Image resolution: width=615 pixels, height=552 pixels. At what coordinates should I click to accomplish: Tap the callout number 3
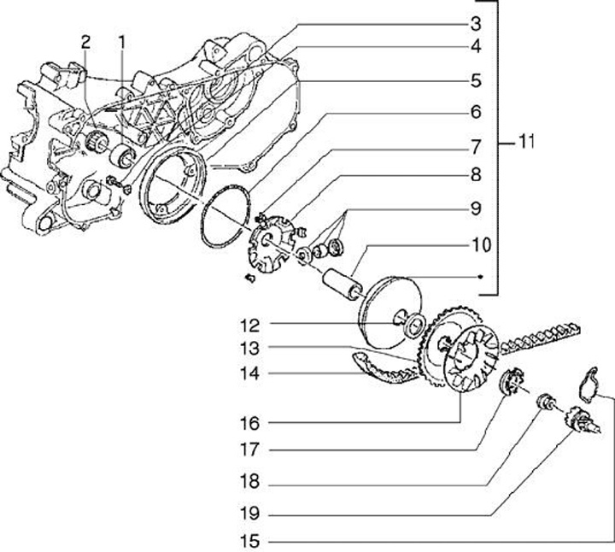pyautogui.click(x=476, y=24)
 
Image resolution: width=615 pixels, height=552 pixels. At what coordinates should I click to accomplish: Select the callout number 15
pyautogui.click(x=249, y=542)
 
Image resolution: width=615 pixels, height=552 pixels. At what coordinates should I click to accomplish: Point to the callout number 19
pyautogui.click(x=249, y=514)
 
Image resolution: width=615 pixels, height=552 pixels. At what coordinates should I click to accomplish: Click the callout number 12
pyautogui.click(x=249, y=326)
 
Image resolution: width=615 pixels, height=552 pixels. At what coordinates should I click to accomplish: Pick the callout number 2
pyautogui.click(x=85, y=43)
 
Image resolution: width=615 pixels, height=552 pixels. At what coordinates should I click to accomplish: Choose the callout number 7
pyautogui.click(x=476, y=147)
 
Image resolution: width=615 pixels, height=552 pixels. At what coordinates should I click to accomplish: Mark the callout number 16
pyautogui.click(x=249, y=423)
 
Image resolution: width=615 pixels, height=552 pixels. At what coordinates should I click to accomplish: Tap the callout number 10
pyautogui.click(x=481, y=245)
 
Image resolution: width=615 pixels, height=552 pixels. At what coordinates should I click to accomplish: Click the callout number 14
pyautogui.click(x=249, y=373)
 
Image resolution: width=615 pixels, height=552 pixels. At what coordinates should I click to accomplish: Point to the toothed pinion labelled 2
pyautogui.click(x=93, y=142)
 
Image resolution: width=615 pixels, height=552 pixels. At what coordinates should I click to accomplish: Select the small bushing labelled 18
pyautogui.click(x=546, y=402)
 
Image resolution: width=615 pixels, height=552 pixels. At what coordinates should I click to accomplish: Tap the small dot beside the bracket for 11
pyautogui.click(x=479, y=277)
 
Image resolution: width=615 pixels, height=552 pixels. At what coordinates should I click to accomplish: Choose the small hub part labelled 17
pyautogui.click(x=512, y=381)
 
